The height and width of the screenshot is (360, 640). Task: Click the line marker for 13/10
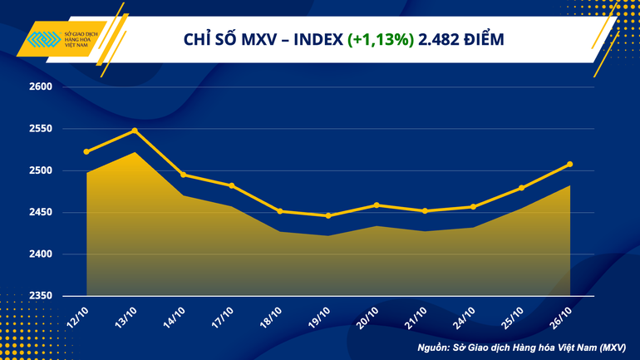(x=135, y=131)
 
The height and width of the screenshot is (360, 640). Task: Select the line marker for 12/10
(x=86, y=151)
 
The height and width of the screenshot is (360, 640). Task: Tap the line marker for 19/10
(x=328, y=216)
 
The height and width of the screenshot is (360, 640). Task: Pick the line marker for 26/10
(x=569, y=164)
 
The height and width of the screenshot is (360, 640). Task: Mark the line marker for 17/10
(x=231, y=185)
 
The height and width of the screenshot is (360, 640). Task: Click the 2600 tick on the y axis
(x=41, y=86)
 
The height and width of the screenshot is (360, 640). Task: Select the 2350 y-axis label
(x=41, y=296)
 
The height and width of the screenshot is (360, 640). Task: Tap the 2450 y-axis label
(x=41, y=213)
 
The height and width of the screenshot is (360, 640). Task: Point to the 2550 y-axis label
(x=41, y=129)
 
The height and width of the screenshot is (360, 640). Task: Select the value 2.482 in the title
(x=441, y=39)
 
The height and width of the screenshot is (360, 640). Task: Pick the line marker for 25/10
(x=521, y=188)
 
